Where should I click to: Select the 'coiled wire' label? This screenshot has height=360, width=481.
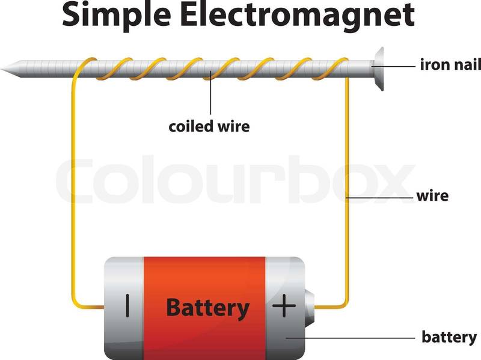(x=209, y=127)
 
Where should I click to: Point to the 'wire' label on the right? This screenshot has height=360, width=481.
(x=432, y=196)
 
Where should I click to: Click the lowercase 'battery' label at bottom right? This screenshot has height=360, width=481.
(x=448, y=337)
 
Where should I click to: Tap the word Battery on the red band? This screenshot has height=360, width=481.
(x=207, y=308)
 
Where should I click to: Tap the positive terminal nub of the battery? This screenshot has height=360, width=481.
(x=310, y=307)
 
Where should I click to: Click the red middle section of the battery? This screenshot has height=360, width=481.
(x=204, y=276)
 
